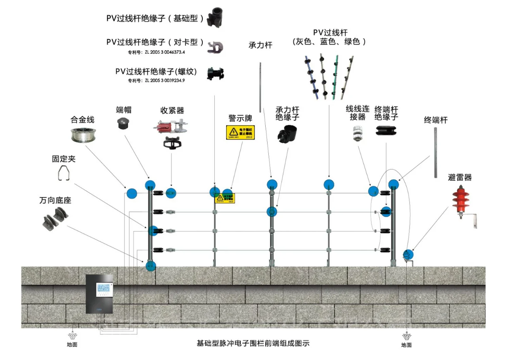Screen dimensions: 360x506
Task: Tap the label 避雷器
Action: point(460,177)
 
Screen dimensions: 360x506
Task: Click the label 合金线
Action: point(83,119)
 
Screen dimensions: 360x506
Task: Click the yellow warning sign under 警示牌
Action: point(240,132)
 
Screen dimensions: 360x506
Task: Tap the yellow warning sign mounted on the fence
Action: point(225,198)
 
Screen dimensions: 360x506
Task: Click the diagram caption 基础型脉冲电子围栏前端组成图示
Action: point(253,343)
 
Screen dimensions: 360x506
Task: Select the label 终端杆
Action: point(435,120)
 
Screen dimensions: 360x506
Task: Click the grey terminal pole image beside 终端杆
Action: point(435,152)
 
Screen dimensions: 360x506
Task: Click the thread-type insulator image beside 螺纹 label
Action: point(216,74)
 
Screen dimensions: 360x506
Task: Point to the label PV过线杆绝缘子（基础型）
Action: point(155,18)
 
